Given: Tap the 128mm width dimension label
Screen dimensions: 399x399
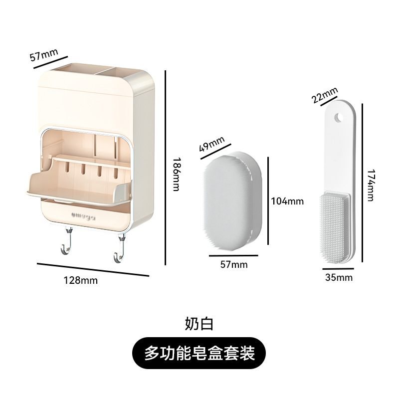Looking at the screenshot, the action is pyautogui.click(x=80, y=280).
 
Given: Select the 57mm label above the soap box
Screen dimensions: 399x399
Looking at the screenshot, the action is pyautogui.click(x=44, y=54).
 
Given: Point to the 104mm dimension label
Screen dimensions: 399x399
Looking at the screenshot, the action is pyautogui.click(x=287, y=201).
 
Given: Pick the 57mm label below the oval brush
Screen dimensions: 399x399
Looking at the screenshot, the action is pyautogui.click(x=234, y=265).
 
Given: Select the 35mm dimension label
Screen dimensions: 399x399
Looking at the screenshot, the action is pyautogui.click(x=339, y=277).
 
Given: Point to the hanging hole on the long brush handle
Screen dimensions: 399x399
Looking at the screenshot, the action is pyautogui.click(x=339, y=117).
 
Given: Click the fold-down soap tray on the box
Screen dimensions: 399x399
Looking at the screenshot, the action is pyautogui.click(x=77, y=190).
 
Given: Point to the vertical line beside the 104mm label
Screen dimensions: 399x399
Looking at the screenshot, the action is pyautogui.click(x=269, y=201).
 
